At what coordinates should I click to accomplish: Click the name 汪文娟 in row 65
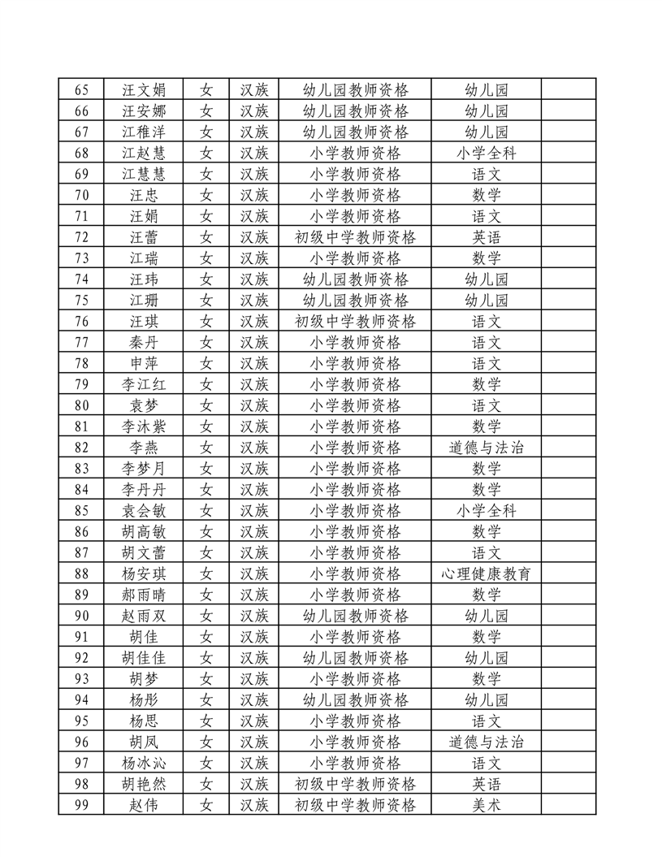point(143,89)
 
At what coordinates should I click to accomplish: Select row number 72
point(81,237)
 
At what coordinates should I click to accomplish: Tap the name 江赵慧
point(143,153)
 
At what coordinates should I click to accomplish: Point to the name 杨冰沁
point(143,763)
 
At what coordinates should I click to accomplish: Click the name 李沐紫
point(143,426)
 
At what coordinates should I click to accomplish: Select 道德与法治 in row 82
point(486,448)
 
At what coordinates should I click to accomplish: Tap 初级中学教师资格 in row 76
point(355,322)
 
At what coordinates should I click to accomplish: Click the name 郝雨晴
point(143,595)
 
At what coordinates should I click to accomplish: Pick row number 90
point(81,616)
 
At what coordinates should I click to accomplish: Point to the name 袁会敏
point(143,511)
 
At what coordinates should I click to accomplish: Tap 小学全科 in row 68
point(486,153)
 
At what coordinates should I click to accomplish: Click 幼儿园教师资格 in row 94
point(355,699)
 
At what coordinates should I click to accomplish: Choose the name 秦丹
point(143,342)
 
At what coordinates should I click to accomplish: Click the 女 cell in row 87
point(206,553)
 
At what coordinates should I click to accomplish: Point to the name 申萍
point(143,363)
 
